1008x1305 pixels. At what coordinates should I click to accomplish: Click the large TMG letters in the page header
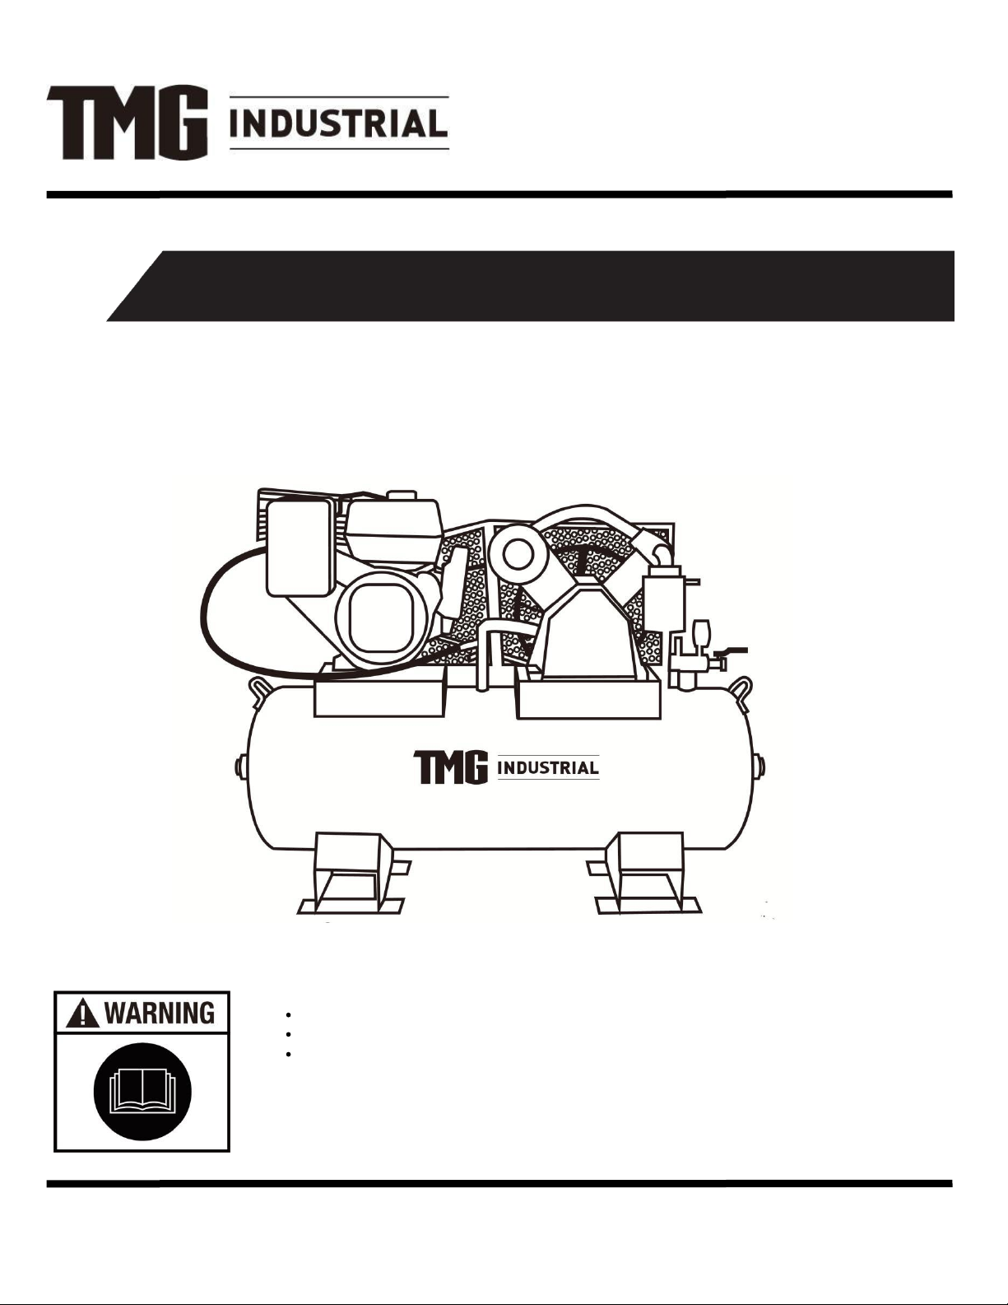coord(128,124)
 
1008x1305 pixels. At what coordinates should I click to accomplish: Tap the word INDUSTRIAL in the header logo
coord(339,124)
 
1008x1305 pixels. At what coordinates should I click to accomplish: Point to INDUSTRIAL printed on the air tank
coord(548,767)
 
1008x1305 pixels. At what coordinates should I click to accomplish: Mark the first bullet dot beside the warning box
coord(289,1015)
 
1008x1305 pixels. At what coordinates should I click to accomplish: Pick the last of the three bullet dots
coord(289,1054)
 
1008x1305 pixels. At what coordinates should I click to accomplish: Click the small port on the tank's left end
coord(241,767)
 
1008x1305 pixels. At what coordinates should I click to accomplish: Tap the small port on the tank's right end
coord(761,767)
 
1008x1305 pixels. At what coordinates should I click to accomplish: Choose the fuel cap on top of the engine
coord(402,495)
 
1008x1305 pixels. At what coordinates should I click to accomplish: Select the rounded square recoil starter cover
coord(382,618)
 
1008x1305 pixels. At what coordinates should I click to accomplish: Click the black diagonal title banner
coord(531,286)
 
